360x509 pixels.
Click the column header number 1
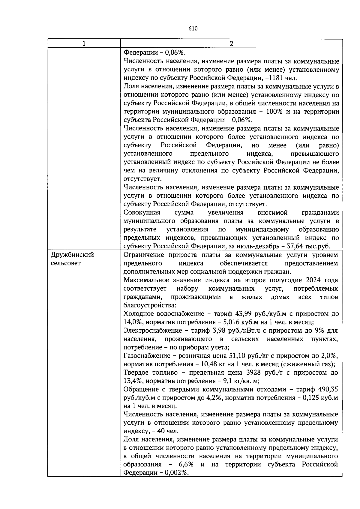84,44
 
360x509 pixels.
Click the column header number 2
231,44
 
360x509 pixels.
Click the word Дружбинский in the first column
72,255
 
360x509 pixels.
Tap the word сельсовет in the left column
66,263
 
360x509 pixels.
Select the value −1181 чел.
281,78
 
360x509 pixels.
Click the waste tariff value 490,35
327,389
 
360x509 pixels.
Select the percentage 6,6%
186,465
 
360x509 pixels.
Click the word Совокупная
142,213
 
